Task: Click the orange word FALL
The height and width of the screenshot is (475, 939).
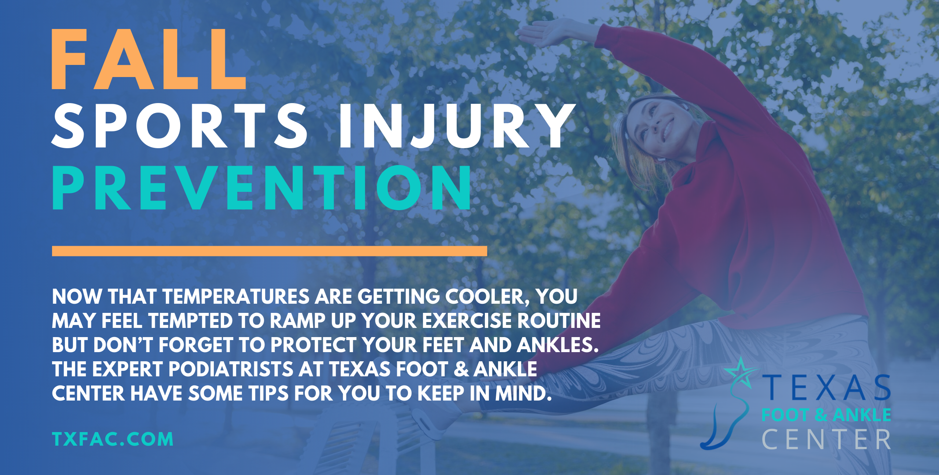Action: pyautogui.click(x=148, y=59)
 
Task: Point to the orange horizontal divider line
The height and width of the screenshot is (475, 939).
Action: pyautogui.click(x=269, y=251)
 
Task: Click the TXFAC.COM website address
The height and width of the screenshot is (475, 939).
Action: pyautogui.click(x=113, y=439)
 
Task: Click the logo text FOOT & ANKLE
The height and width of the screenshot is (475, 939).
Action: pyautogui.click(x=826, y=415)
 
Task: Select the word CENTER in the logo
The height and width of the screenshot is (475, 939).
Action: pyautogui.click(x=826, y=439)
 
